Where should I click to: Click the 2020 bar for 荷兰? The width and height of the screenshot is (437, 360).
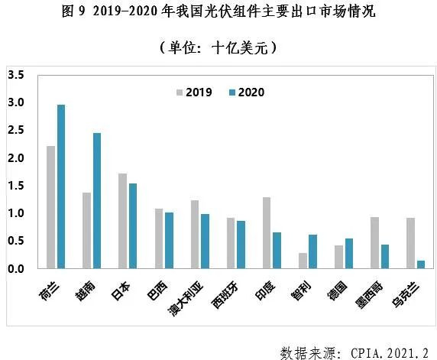click(61, 186)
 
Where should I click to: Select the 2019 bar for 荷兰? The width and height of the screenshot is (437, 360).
click(51, 207)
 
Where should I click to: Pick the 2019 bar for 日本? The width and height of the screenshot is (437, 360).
click(123, 221)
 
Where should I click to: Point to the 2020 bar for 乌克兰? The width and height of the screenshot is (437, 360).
click(421, 264)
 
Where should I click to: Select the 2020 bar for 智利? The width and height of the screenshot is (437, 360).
click(313, 251)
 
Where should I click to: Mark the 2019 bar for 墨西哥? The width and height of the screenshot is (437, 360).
click(374, 242)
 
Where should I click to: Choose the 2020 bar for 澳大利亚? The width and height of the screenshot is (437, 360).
click(205, 241)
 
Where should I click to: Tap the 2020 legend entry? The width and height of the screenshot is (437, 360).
click(247, 92)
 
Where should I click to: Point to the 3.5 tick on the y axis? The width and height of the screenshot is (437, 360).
click(15, 75)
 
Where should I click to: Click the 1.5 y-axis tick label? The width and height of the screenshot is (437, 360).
click(15, 186)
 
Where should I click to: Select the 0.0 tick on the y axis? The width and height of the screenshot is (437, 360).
click(15, 269)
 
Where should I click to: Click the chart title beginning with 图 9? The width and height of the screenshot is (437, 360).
click(218, 13)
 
